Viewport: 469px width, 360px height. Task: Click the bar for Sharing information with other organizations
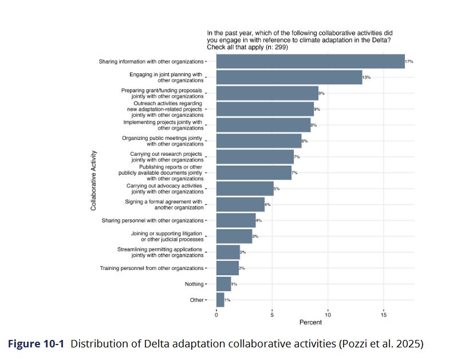tap(310, 61)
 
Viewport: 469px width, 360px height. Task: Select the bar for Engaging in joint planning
tap(289, 77)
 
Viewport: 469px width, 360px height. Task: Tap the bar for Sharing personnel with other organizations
tap(235, 220)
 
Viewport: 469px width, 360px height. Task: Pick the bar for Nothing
tap(223, 284)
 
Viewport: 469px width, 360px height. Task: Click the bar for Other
tap(220, 300)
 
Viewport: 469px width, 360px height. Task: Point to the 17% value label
tap(409, 61)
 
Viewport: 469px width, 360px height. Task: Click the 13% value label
tap(366, 77)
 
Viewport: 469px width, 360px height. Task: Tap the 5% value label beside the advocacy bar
tap(277, 189)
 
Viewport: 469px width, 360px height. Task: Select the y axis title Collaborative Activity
tap(93, 180)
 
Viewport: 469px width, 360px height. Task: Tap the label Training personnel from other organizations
tap(152, 268)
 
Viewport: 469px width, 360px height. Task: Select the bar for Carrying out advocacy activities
tap(245, 189)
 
